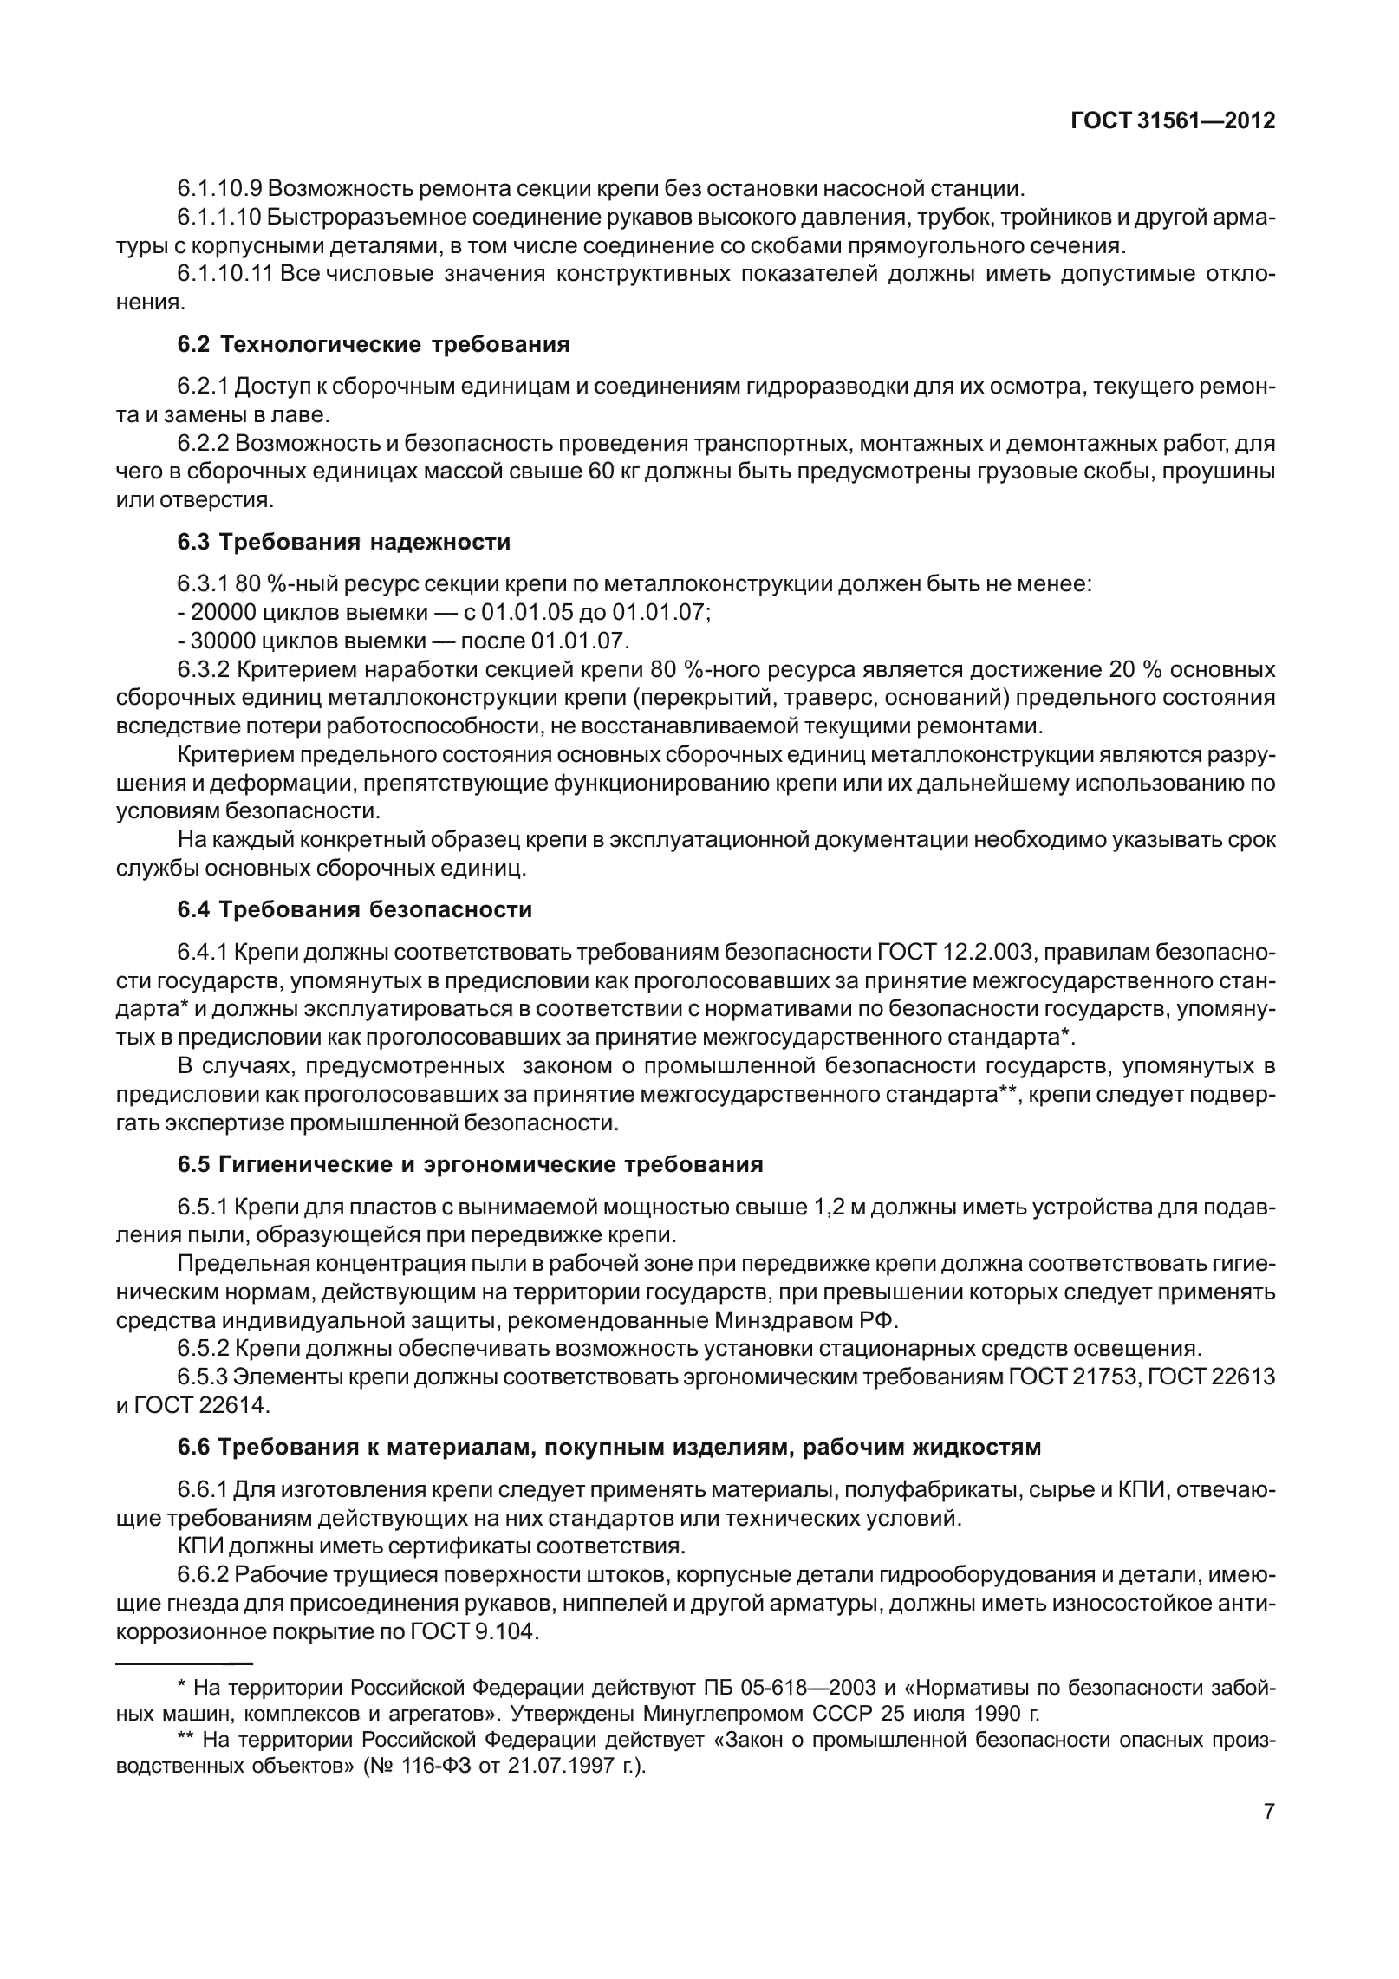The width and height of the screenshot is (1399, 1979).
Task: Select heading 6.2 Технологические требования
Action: pyautogui.click(x=374, y=345)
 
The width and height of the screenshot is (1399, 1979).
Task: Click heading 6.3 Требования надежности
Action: pyautogui.click(x=344, y=543)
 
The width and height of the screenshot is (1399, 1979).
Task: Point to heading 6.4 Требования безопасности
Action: pyautogui.click(x=355, y=910)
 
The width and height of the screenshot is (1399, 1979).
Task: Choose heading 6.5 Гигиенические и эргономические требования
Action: pyautogui.click(x=470, y=1164)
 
